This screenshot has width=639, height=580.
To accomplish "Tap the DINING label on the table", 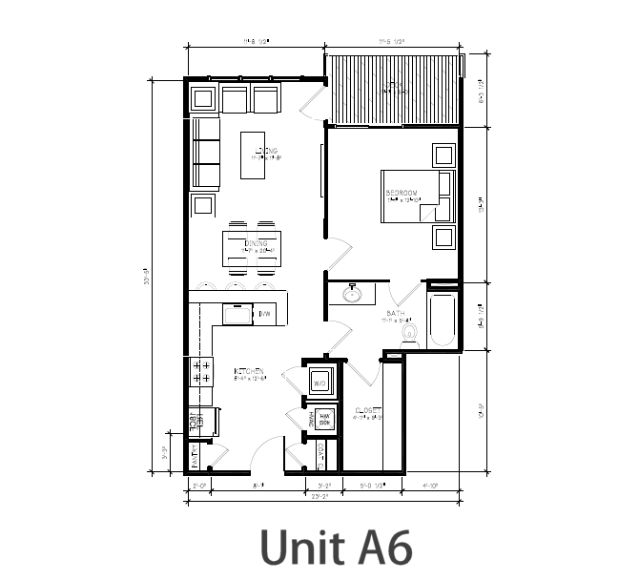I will point(257,244).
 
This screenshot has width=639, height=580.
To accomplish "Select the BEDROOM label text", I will point(402,194).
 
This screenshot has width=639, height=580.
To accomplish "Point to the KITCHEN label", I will point(248,371).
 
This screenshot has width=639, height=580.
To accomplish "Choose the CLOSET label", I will point(369,411).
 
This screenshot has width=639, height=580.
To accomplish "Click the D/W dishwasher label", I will point(265,313).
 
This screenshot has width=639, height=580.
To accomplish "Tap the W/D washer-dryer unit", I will point(320,380).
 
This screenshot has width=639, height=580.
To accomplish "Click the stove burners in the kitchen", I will point(200,370).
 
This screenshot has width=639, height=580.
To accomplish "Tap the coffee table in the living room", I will point(253,155).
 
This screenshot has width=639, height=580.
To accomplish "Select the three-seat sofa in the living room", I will point(205,153).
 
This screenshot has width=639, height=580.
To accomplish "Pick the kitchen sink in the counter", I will point(236,313).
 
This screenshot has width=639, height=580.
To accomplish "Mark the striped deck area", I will point(391,88).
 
